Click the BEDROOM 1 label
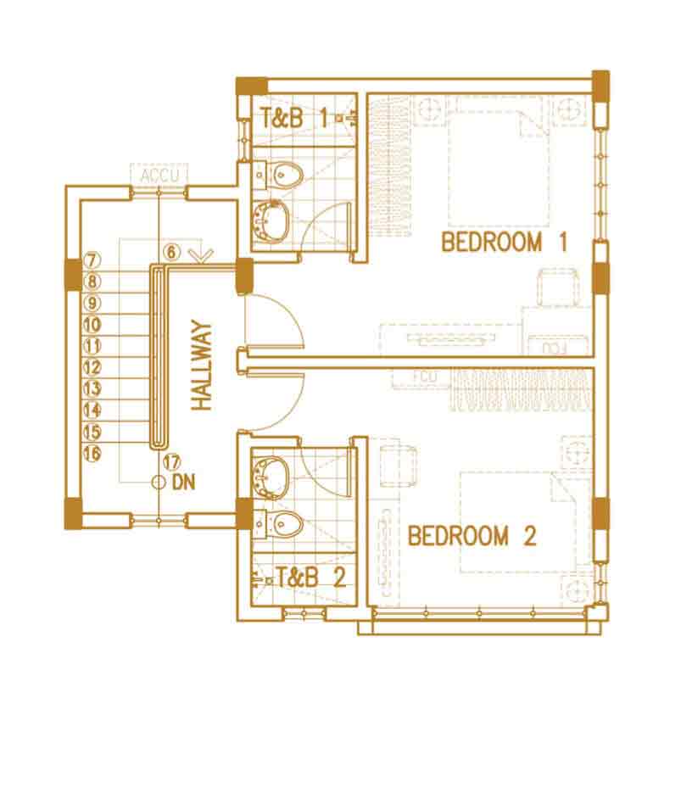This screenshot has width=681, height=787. [x=504, y=242]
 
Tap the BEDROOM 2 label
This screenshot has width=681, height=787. [x=472, y=535]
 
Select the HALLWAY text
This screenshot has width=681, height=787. [x=202, y=366]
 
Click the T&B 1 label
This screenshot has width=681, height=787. [x=294, y=119]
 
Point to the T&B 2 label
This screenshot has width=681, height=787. [x=311, y=578]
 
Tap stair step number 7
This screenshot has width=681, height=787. [x=92, y=260]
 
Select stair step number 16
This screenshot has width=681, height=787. [x=92, y=453]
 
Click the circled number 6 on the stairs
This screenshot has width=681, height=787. [x=171, y=252]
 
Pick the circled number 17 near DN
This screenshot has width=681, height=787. [x=171, y=461]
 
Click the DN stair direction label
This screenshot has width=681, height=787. [x=183, y=483]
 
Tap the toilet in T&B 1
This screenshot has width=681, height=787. [x=285, y=176]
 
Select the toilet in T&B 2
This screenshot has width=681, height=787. [x=284, y=524]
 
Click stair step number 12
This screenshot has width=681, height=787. [x=92, y=367]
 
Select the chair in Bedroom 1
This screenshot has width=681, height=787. [x=557, y=287]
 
